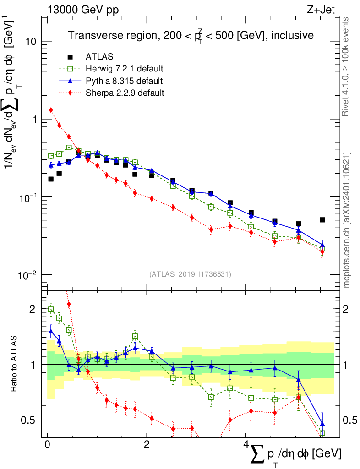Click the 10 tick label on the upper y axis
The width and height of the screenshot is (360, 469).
pos(31,41)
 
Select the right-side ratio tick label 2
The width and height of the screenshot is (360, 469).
pos(349,309)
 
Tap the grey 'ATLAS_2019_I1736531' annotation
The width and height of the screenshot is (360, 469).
pos(190,274)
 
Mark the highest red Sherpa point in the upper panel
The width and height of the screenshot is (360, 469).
pos(51,110)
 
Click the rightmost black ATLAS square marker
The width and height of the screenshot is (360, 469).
pos(322,220)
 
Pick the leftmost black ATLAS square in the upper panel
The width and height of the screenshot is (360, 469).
pos(51,179)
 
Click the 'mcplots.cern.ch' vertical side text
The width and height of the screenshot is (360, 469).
pos(347,220)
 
